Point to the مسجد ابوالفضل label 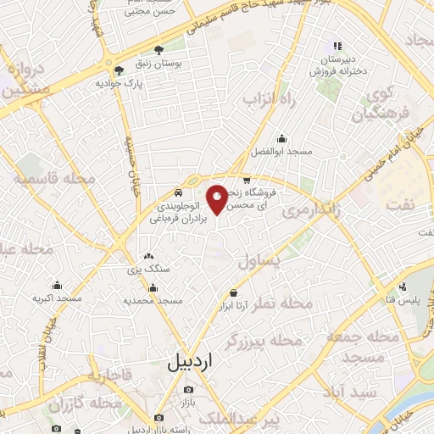coord(282,151)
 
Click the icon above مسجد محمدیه coord(152,287)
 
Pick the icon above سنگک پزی coord(149,256)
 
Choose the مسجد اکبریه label coord(57,298)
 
